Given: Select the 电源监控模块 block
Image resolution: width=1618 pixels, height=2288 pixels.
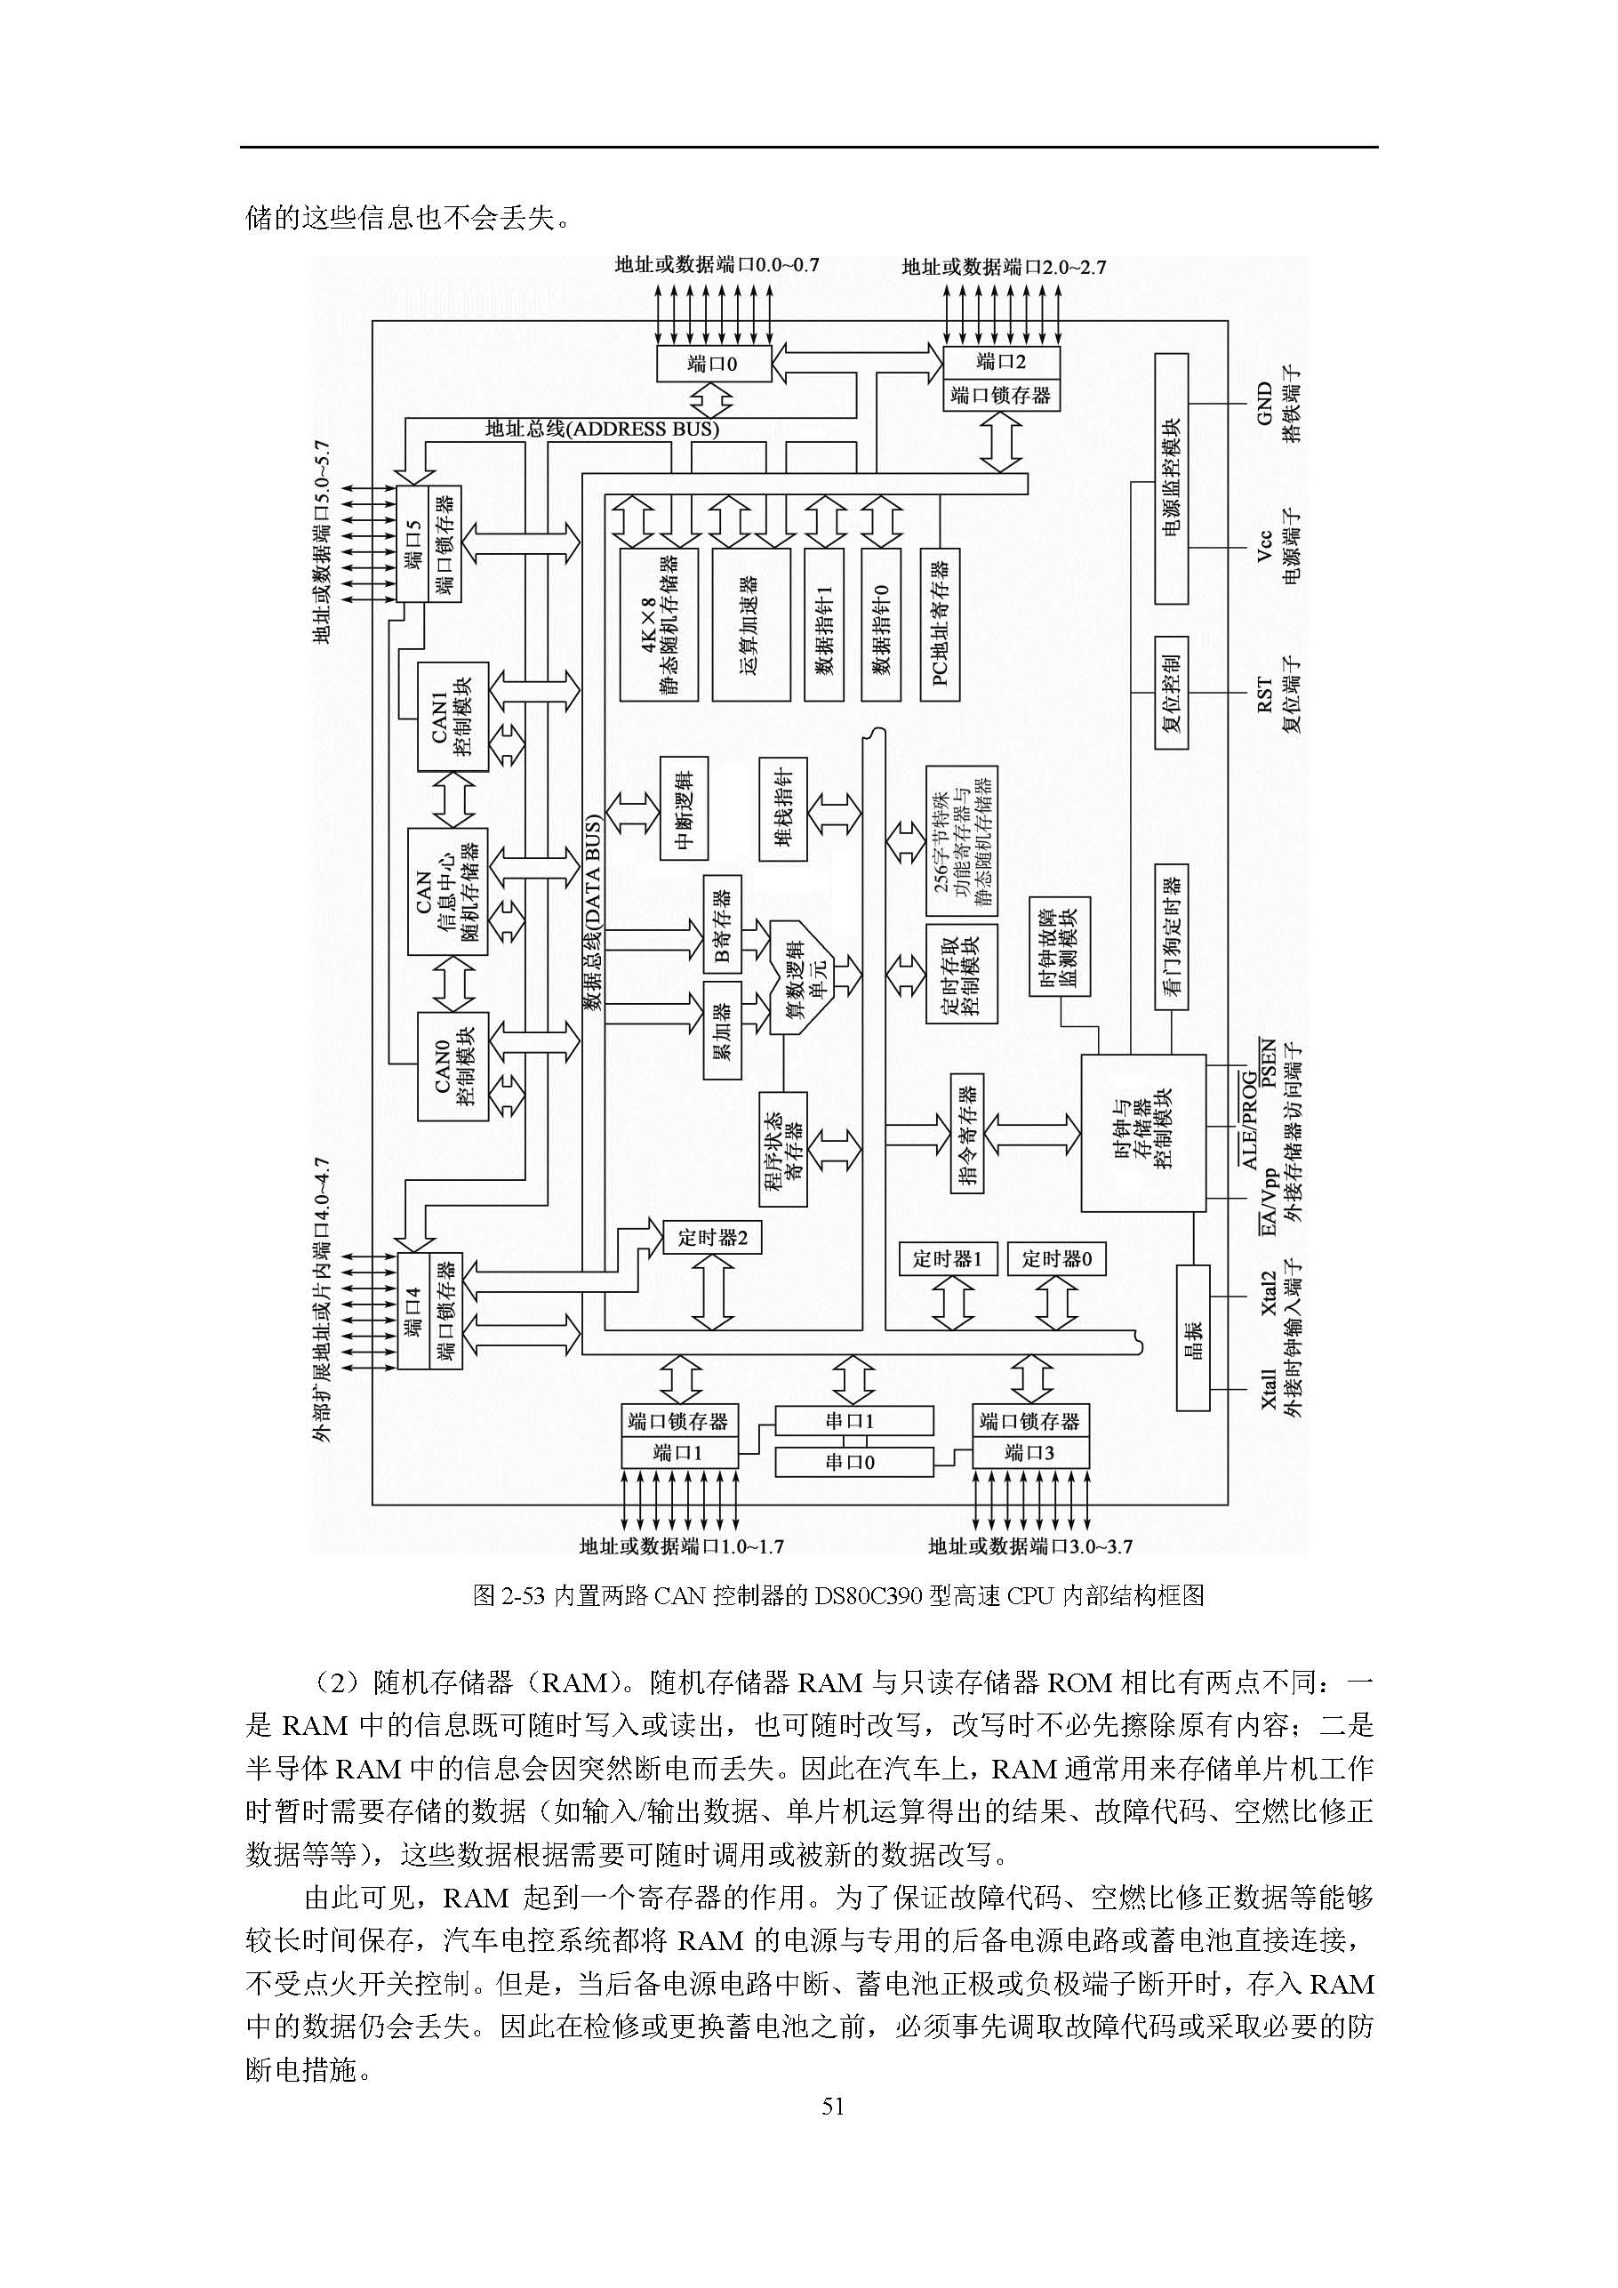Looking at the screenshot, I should [1171, 478].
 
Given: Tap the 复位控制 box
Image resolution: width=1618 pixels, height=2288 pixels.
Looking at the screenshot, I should [1171, 692].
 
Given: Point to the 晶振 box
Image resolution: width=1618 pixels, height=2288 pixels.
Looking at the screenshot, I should [1192, 1337].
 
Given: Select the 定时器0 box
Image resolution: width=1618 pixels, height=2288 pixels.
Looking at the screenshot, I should [1056, 1258].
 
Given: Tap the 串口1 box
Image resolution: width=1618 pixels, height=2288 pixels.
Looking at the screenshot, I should [853, 1421].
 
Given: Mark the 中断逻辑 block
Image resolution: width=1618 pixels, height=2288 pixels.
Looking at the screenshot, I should [684, 808].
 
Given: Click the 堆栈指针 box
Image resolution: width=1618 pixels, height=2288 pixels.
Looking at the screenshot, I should [783, 808].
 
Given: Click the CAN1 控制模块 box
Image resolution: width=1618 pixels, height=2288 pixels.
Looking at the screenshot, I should [453, 716].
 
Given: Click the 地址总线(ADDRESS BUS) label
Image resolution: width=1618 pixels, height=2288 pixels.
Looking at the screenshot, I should [602, 430].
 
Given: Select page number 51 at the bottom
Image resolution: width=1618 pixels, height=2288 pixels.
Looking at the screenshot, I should [833, 2106].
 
